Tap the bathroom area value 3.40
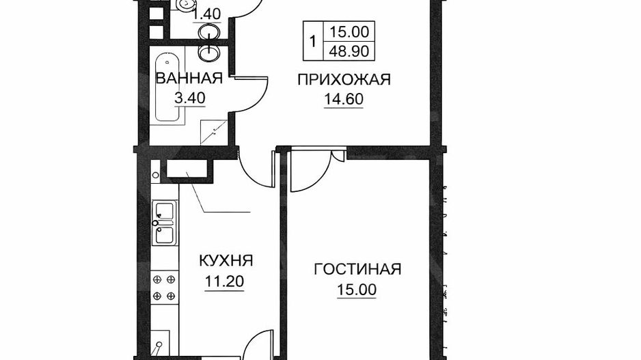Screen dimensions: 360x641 point(189,98)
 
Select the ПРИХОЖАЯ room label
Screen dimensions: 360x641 point(343,81)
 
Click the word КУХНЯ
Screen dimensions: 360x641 point(226,261)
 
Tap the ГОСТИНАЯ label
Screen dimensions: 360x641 point(357,269)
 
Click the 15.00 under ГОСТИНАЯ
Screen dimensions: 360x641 point(357,290)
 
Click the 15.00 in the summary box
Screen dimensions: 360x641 point(349,31)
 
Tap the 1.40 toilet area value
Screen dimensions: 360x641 point(206,14)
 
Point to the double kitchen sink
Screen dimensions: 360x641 point(165,224)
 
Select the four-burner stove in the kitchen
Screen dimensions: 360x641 point(164,286)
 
